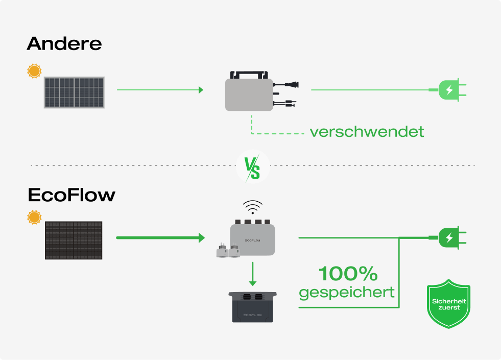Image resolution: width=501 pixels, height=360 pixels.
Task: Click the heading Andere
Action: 64,43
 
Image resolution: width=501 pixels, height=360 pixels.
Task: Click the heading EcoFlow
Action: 71,195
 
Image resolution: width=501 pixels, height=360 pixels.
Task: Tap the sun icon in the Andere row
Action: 34,71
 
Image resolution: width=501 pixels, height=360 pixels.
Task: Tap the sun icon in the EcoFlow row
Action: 34,217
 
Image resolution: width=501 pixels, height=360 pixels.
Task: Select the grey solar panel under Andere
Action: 74,92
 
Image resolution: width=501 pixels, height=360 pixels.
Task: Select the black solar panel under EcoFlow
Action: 74,240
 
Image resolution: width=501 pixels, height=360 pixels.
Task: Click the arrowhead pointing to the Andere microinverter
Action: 201,90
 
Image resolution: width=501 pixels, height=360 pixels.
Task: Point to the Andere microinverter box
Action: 249,95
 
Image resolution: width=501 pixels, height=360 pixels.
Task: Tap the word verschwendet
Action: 367,132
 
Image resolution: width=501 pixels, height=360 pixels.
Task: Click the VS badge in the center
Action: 253,166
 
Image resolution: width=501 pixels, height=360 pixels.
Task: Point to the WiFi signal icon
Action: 253,207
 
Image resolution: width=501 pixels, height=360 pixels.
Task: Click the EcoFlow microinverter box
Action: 253,239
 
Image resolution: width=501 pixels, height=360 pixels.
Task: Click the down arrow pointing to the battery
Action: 253,274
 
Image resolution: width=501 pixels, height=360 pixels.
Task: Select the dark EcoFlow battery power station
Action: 252,307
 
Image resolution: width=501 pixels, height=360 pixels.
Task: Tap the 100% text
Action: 348,274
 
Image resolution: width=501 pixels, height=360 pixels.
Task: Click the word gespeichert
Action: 347,293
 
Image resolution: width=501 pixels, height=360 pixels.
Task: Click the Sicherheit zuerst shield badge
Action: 448,304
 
